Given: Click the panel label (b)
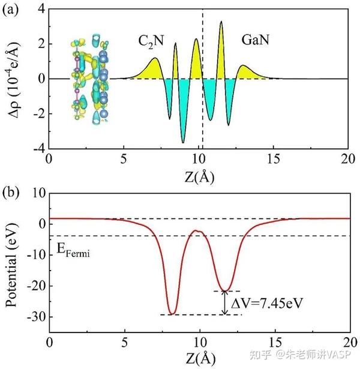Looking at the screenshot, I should click(x=12, y=193).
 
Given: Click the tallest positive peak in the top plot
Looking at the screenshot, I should click(x=221, y=22).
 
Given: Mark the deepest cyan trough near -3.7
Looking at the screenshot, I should click(x=183, y=142).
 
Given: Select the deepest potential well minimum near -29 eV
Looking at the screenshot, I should click(x=172, y=314).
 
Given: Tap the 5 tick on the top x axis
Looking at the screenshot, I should click(x=124, y=159).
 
